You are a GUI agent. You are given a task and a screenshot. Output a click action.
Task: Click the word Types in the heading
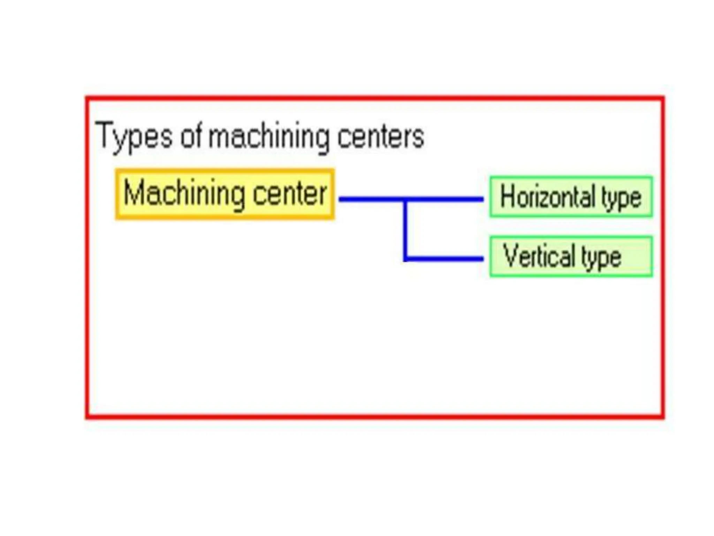tap(134, 136)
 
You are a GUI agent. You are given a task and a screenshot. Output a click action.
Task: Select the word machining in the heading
tap(269, 137)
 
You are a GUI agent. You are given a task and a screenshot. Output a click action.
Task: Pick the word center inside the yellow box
tap(289, 194)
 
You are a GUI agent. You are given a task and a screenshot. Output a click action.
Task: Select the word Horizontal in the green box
tap(547, 197)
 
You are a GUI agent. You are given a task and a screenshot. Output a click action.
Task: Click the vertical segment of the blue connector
tap(405, 230)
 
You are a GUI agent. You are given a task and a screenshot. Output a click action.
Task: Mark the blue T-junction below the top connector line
tap(405, 200)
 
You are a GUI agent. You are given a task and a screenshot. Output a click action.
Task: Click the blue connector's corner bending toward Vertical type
tap(405, 259)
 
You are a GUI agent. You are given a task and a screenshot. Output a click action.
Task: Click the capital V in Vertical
tap(510, 255)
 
